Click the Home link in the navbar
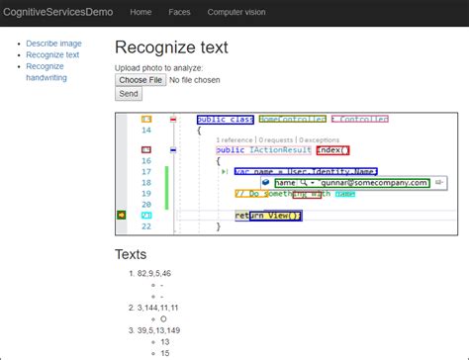coord(141,12)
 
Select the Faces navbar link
coord(179,12)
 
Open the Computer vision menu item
coord(235,12)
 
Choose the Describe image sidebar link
coord(53,45)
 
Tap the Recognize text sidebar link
coord(52,55)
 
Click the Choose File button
coord(140,79)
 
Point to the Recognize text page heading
coord(171,47)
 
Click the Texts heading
coord(131,255)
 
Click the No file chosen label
coord(195,79)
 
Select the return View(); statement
coord(268,216)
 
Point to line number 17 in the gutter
coord(146,171)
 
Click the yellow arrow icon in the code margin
coord(122,215)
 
